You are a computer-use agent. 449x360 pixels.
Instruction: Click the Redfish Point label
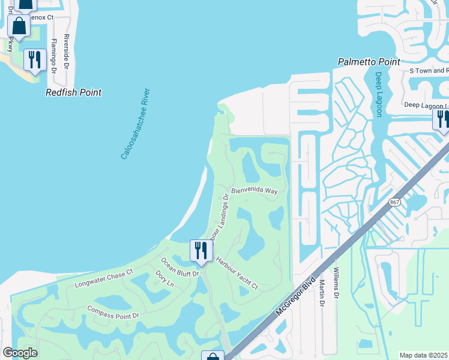(x=74, y=92)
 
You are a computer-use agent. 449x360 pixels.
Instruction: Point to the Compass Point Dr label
(x=113, y=312)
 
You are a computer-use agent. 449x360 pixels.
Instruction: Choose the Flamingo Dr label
(x=53, y=56)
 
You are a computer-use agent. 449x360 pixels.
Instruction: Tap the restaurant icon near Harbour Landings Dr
(x=200, y=251)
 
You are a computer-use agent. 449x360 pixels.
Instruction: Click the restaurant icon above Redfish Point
(x=34, y=60)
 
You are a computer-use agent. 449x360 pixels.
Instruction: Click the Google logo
(x=20, y=353)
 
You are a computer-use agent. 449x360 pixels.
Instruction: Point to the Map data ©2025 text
(x=424, y=355)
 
